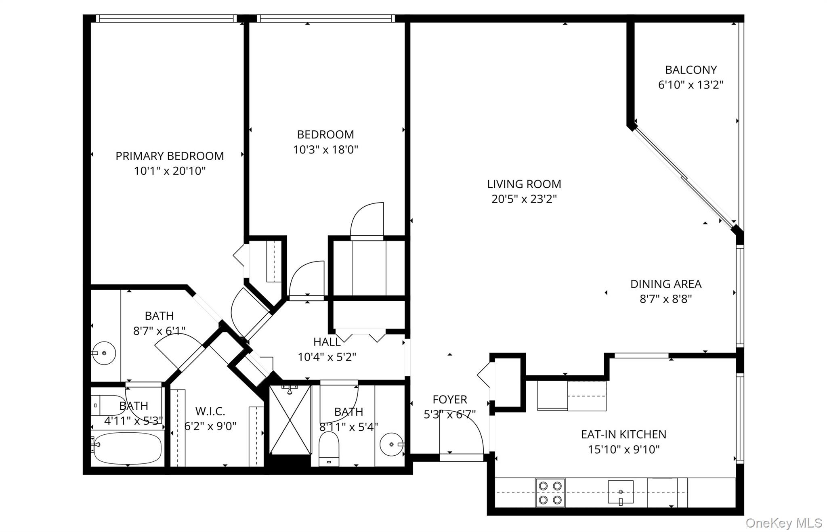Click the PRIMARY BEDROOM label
coord(170,156)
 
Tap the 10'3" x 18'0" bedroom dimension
coord(325,150)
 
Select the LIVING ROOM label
coord(524,184)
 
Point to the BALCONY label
coord(691,70)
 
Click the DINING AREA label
coord(665,284)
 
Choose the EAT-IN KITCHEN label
coord(623,434)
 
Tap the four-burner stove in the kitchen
coord(550,493)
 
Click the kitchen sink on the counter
coord(621,492)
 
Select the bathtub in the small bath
coord(127,448)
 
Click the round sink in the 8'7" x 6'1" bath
coord(104,353)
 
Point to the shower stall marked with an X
coord(290,420)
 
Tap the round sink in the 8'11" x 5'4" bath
coord(391,444)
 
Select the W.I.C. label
coord(210,411)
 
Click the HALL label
coord(327,342)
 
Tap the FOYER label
coord(449,400)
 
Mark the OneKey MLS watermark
coord(783,523)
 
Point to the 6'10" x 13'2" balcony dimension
coord(691,85)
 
